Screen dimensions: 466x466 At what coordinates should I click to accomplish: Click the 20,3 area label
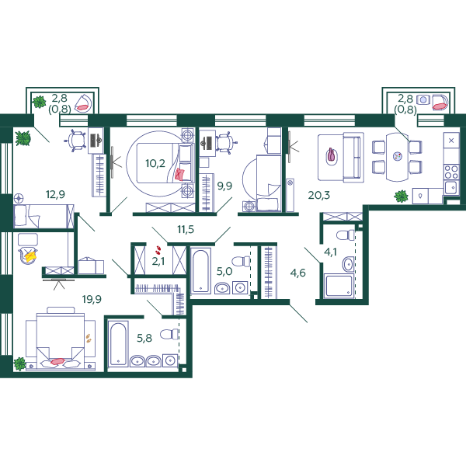coord(319,195)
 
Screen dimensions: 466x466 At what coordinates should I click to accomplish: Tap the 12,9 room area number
coord(55,194)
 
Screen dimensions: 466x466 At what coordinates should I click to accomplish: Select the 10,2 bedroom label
coord(155,163)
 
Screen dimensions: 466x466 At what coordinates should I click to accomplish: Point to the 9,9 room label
coord(224,186)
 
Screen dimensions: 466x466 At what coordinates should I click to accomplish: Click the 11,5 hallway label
coord(186,229)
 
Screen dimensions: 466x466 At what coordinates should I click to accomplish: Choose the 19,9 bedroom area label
coord(92,299)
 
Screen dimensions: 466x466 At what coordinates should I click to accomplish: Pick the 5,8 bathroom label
coord(144,338)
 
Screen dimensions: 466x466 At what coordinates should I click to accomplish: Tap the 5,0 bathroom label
coord(224,271)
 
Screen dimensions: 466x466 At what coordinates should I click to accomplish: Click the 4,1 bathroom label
coord(331,252)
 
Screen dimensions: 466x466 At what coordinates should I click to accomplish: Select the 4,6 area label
coord(297,273)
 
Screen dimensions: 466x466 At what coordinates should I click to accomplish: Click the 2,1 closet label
coord(158,261)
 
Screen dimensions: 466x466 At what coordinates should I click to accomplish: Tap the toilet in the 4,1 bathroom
coord(346,235)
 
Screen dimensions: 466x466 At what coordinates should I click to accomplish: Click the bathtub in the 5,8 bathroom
coord(118,343)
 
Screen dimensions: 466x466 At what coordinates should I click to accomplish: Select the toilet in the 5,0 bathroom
coord(241,262)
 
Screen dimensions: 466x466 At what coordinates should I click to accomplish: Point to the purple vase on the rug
coord(331,155)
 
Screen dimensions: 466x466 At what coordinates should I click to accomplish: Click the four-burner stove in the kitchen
coord(451,172)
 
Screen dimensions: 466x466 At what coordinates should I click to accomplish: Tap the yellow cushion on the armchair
coord(30,256)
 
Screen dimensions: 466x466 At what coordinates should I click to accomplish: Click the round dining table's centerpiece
coord(398,156)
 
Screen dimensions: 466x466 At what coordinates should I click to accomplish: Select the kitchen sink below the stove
coord(451,187)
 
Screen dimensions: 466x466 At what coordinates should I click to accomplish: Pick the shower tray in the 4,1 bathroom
coord(339,286)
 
